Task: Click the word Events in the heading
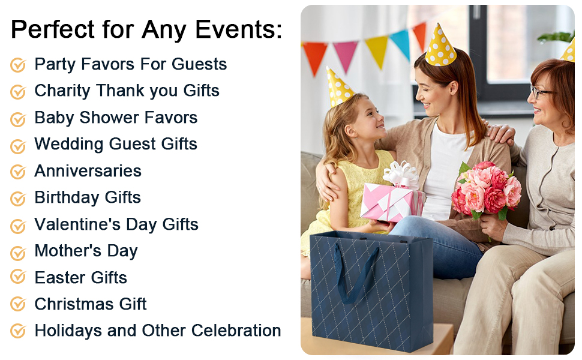pyautogui.click(x=238, y=29)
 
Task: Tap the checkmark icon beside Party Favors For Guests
pyautogui.click(x=18, y=65)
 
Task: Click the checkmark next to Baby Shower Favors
pyautogui.click(x=18, y=119)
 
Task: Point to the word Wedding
pyautogui.click(x=68, y=145)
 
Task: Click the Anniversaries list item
pyautogui.click(x=88, y=171)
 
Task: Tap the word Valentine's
pyautogui.click(x=77, y=224)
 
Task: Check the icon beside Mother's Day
pyautogui.click(x=18, y=253)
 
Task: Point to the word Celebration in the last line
pyautogui.click(x=236, y=331)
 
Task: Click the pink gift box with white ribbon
pyautogui.click(x=391, y=199)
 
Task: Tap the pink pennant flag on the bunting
pyautogui.click(x=346, y=56)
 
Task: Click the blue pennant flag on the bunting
pyautogui.click(x=401, y=43)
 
